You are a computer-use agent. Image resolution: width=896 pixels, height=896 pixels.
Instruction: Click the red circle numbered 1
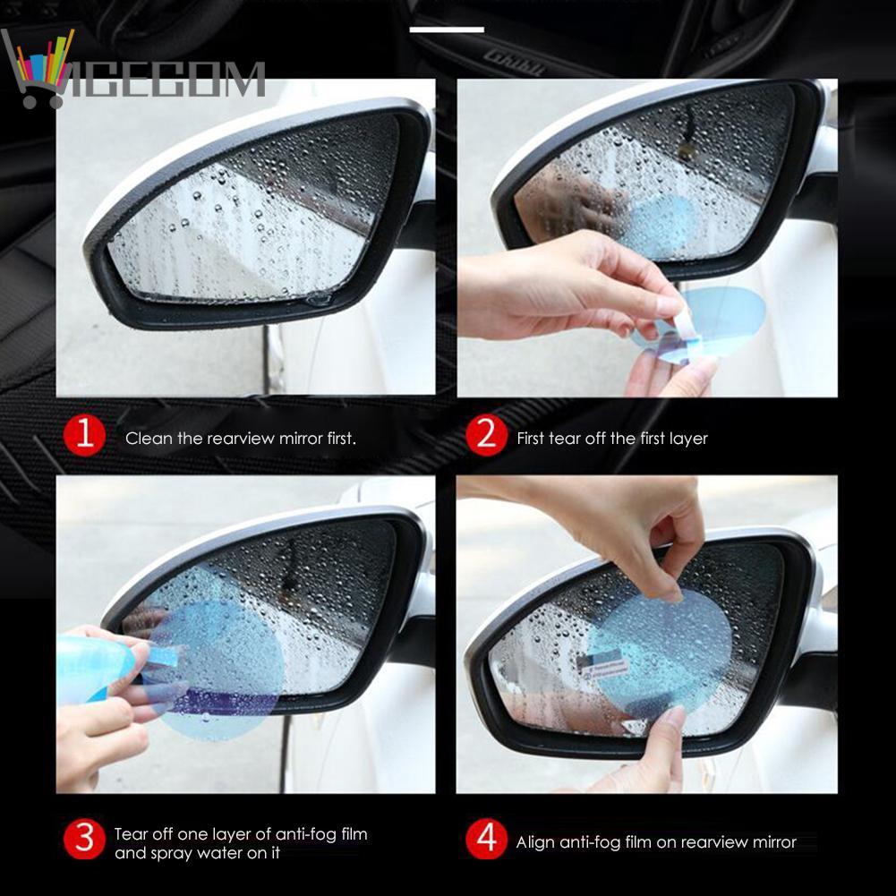(x=84, y=438)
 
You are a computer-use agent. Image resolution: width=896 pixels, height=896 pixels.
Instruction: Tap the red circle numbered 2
(x=486, y=438)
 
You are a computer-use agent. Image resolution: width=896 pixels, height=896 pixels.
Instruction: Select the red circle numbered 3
(x=84, y=841)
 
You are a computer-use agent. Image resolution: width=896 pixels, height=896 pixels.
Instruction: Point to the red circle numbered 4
(x=486, y=841)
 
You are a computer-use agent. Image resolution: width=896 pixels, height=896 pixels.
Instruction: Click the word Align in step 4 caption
(x=536, y=842)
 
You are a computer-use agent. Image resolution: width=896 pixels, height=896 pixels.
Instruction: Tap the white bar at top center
(x=447, y=30)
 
